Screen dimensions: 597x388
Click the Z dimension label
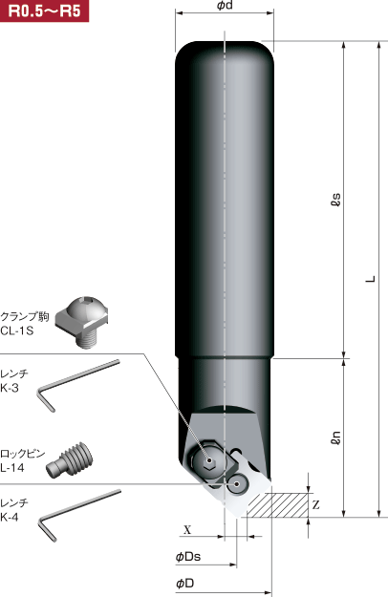pyautogui.click(x=315, y=503)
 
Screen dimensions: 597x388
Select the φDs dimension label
pyautogui.click(x=187, y=556)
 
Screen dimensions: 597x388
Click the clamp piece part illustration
pyautogui.click(x=83, y=319)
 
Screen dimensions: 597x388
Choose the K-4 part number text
pyautogui.click(x=11, y=517)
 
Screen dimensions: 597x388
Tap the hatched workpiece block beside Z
pyautogui.click(x=277, y=502)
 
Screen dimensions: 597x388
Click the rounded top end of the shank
pyautogui.click(x=223, y=53)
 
